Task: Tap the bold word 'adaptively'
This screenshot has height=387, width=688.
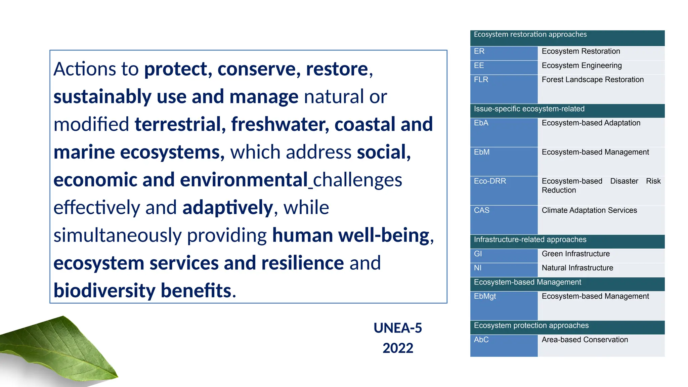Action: tap(228, 208)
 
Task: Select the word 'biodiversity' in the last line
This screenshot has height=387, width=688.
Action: tap(104, 291)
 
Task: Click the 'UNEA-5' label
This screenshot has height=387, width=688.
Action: tap(398, 328)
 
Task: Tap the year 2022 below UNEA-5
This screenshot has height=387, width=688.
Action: tap(398, 348)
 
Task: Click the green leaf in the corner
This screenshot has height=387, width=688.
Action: tap(60, 349)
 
